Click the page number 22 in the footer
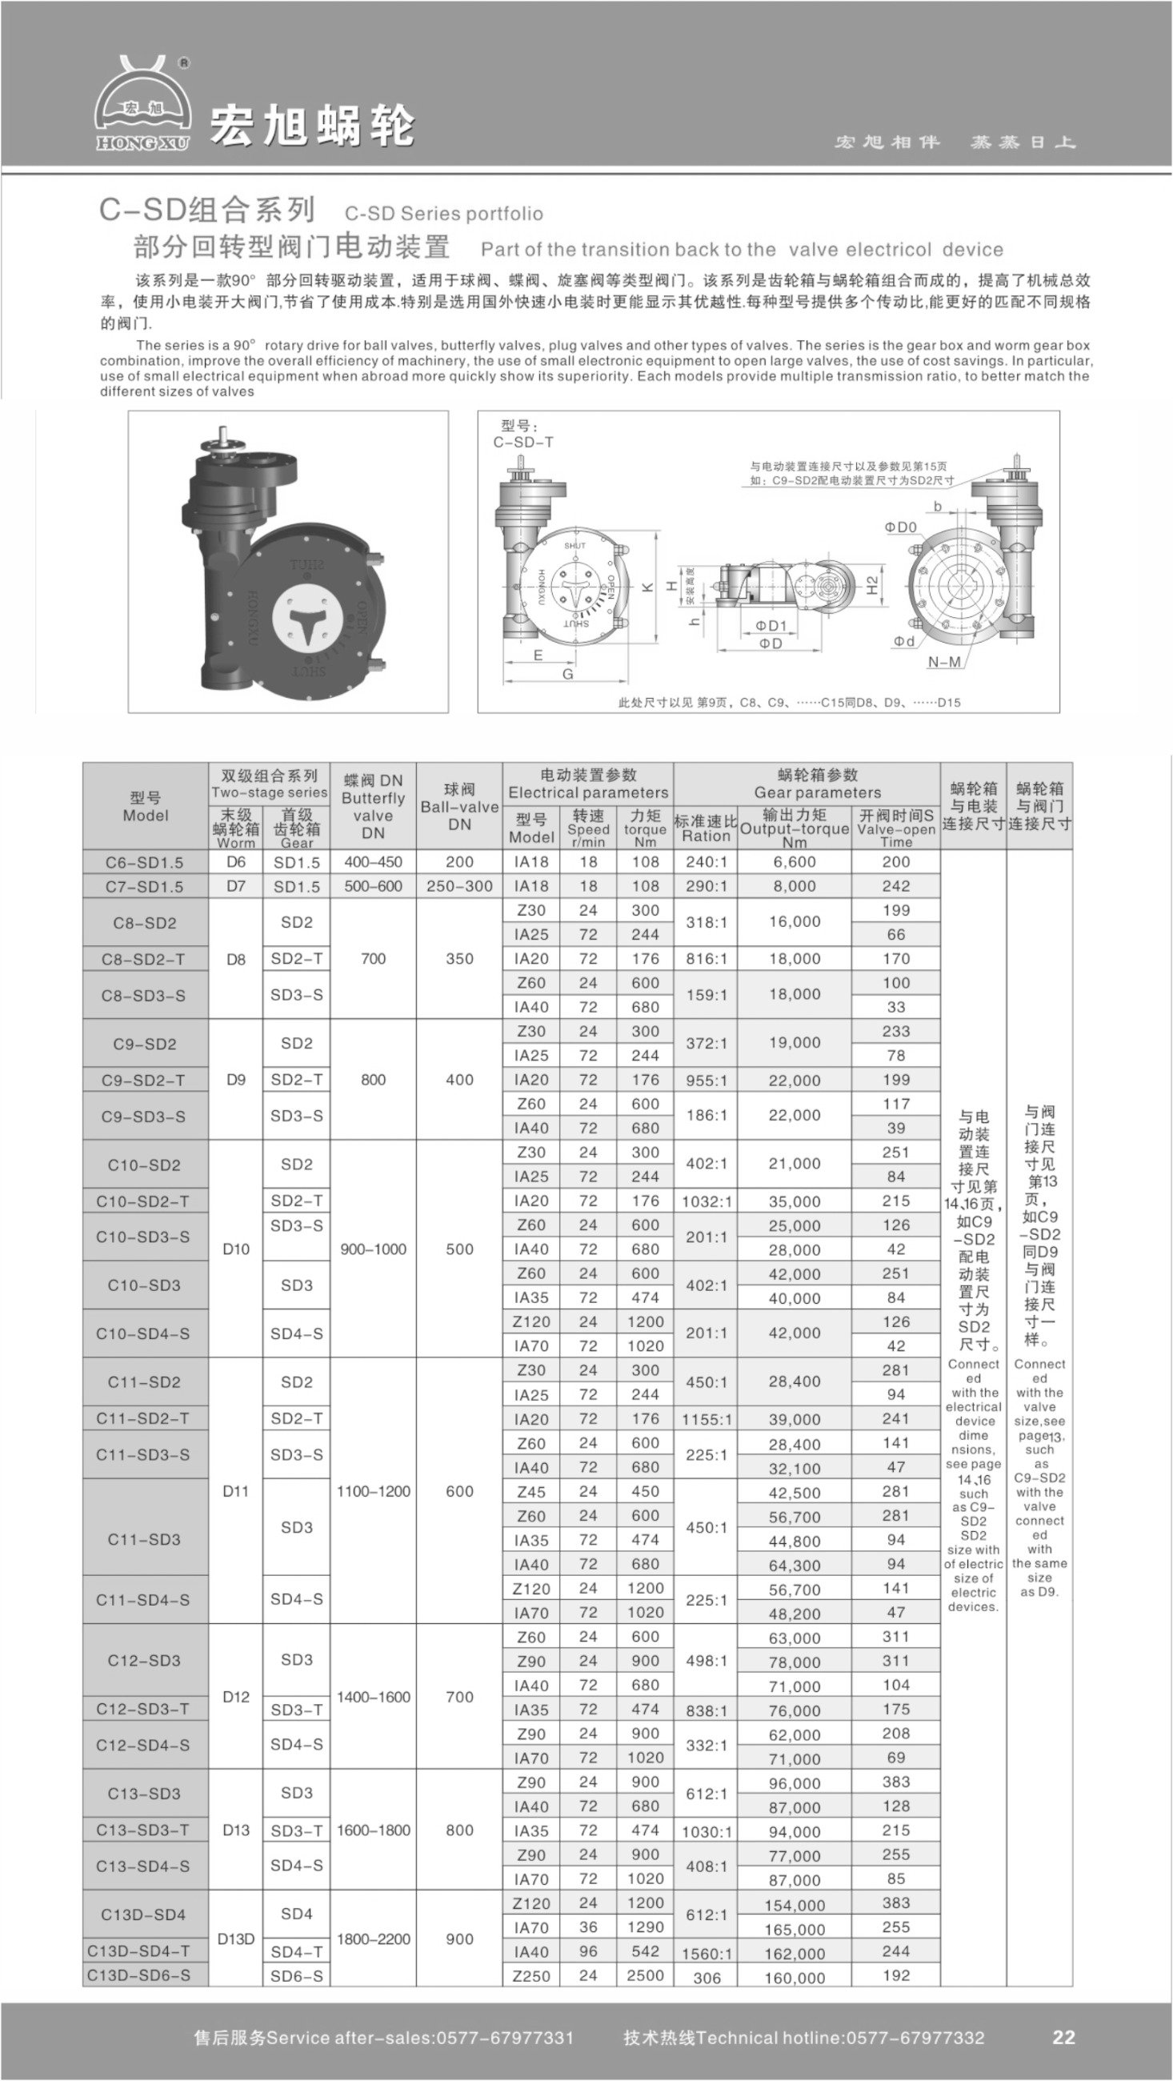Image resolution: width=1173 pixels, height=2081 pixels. pyautogui.click(x=1063, y=2036)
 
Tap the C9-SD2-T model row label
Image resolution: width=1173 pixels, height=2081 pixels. pyautogui.click(x=144, y=1080)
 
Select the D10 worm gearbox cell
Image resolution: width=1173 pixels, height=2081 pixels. pyautogui.click(x=235, y=1249)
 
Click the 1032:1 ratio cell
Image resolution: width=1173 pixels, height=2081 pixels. pyautogui.click(x=706, y=1201)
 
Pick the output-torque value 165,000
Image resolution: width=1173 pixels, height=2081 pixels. pyautogui.click(x=795, y=1929)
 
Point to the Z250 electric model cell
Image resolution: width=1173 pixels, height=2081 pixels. pyautogui.click(x=530, y=1975)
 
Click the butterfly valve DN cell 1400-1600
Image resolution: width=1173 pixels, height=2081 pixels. pyautogui.click(x=373, y=1697)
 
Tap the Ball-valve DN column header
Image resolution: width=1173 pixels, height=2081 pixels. pyautogui.click(x=458, y=806)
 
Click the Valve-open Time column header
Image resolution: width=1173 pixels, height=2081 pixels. pyautogui.click(x=895, y=828)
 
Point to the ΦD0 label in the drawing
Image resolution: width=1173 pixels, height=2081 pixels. pyautogui.click(x=900, y=527)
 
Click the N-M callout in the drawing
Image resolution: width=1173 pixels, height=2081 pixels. pyautogui.click(x=943, y=663)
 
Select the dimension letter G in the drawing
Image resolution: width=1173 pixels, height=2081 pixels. pyautogui.click(x=568, y=674)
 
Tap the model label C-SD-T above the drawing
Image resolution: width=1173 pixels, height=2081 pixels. pyautogui.click(x=522, y=443)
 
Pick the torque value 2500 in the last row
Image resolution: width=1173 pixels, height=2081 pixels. pyautogui.click(x=645, y=1975)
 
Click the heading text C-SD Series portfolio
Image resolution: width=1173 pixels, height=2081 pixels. pyautogui.click(x=443, y=213)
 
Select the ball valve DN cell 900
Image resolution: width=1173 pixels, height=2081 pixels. pyautogui.click(x=458, y=1939)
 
